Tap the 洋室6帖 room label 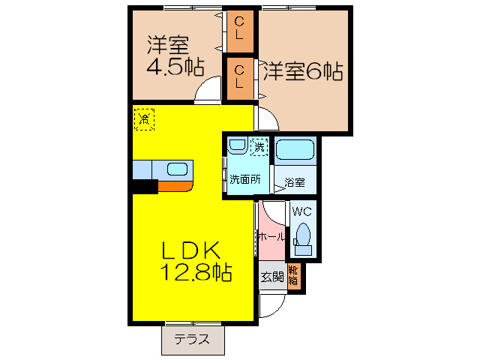[x=302, y=72]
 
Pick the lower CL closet [x=239, y=77]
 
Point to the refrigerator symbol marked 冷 [x=144, y=118]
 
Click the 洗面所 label [x=244, y=179]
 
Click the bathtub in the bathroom [x=296, y=151]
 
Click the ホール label [x=271, y=236]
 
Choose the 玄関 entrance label [x=271, y=277]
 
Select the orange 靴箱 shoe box [x=294, y=277]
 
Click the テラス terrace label [x=193, y=339]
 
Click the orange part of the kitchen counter [x=177, y=187]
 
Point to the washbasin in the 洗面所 [x=237, y=145]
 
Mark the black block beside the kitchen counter [x=145, y=187]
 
